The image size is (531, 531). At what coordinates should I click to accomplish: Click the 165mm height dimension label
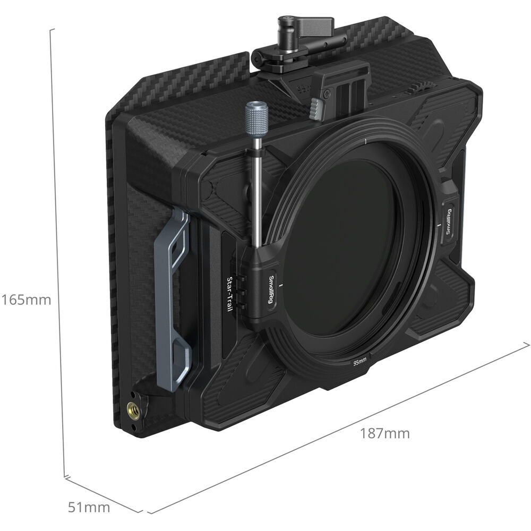point(26,300)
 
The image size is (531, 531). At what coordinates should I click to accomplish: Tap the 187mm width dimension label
point(384,433)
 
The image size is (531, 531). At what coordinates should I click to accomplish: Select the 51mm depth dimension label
point(89,507)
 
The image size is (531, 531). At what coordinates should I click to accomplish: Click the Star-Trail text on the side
point(230,295)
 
